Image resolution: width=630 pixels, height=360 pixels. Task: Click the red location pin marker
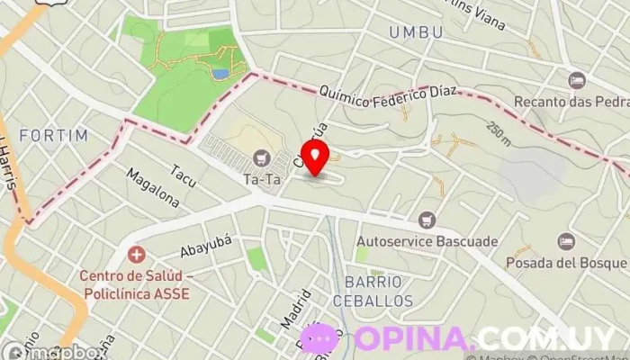pyautogui.click(x=315, y=157)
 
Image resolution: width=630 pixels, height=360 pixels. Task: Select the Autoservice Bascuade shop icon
pyautogui.click(x=427, y=220)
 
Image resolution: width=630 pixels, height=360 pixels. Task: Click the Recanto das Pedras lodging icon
pyautogui.click(x=577, y=81)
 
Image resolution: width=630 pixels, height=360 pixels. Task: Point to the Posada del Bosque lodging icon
pyautogui.click(x=566, y=241)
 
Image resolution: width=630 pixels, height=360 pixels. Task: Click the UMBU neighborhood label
pyautogui.click(x=416, y=32)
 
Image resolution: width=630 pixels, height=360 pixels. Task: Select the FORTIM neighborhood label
pyautogui.click(x=54, y=136)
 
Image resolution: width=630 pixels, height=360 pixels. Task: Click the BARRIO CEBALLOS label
pyautogui.click(x=379, y=291)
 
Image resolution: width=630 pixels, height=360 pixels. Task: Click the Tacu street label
pyautogui.click(x=184, y=171)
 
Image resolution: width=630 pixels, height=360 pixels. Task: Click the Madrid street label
pyautogui.click(x=295, y=309)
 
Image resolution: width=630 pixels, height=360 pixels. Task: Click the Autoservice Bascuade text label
pyautogui.click(x=427, y=241)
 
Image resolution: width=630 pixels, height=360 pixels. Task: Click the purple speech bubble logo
pyautogui.click(x=320, y=339)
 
